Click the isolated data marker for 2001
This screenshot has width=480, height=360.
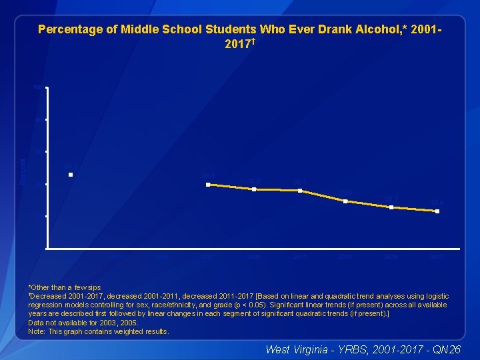[70, 175]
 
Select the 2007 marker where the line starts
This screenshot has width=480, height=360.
[209, 184]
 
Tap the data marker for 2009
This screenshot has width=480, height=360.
[254, 189]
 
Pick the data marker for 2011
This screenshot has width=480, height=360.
[300, 191]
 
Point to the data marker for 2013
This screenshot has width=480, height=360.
[345, 201]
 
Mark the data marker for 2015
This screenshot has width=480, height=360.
[391, 207]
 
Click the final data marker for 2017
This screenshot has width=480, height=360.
[437, 211]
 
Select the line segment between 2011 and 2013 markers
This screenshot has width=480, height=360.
[323, 196]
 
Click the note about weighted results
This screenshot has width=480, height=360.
[99, 331]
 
